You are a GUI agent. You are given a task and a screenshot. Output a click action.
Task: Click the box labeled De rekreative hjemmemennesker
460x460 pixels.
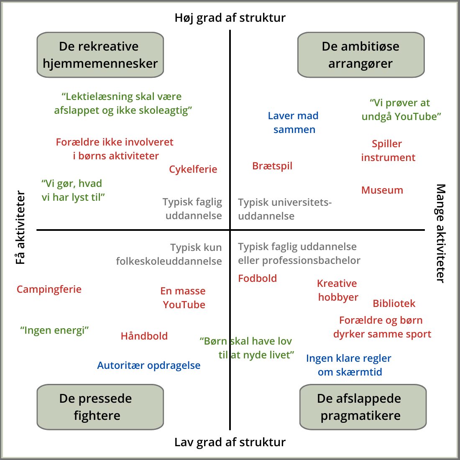click(x=100, y=55)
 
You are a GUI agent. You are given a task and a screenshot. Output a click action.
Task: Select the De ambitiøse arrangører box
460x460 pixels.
click(x=360, y=55)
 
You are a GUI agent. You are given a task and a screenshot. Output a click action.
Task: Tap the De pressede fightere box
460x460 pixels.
click(x=100, y=407)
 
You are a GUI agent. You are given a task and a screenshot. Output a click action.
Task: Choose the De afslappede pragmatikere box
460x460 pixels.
click(x=363, y=407)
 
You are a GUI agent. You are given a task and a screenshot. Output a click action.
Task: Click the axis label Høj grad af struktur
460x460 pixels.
click(x=230, y=18)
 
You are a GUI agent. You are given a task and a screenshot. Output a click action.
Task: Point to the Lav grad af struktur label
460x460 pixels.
click(x=230, y=442)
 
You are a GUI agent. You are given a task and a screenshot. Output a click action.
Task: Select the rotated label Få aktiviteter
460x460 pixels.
click(x=20, y=228)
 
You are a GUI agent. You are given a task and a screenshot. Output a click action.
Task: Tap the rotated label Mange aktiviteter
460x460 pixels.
click(x=440, y=233)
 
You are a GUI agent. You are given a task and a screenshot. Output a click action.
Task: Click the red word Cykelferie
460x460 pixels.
click(x=193, y=169)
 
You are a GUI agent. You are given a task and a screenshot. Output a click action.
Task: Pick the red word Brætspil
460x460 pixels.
click(x=272, y=166)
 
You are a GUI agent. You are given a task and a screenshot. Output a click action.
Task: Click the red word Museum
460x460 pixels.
click(x=382, y=190)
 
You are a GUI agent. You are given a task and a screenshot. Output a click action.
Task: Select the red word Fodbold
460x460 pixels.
click(x=258, y=279)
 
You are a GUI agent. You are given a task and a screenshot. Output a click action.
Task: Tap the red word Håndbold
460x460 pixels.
click(x=144, y=336)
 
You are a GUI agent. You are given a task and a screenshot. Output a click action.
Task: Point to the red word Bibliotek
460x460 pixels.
click(x=394, y=304)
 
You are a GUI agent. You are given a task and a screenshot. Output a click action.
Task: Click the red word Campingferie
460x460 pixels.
click(x=49, y=289)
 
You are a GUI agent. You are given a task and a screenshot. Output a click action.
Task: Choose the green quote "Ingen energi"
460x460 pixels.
click(x=54, y=330)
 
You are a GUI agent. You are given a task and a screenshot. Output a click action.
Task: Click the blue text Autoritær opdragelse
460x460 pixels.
click(x=149, y=365)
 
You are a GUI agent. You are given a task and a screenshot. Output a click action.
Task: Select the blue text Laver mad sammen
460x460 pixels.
click(x=294, y=123)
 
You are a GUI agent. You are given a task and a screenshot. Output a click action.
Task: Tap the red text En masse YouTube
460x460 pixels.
click(x=183, y=298)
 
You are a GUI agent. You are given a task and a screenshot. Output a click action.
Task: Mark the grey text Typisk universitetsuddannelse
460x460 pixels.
click(x=284, y=209)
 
